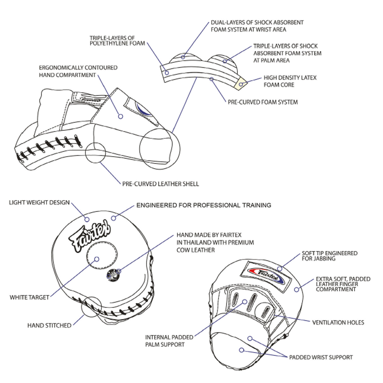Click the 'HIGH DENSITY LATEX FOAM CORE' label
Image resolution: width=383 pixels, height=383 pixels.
pyautogui.click(x=290, y=81)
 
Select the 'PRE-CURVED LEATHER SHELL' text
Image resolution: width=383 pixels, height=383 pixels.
pyautogui.click(x=160, y=184)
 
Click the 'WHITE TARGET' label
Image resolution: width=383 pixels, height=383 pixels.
pyautogui.click(x=29, y=297)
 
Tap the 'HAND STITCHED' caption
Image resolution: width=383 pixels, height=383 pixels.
pyautogui.click(x=49, y=326)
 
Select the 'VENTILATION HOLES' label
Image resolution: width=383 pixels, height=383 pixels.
pyautogui.click(x=338, y=322)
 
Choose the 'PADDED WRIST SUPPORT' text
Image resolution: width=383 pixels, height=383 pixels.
pyautogui.click(x=321, y=357)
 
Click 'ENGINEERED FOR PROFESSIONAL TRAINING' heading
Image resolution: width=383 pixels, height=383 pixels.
pyautogui.click(x=203, y=205)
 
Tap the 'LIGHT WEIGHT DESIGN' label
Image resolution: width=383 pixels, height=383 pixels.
pyautogui.click(x=39, y=203)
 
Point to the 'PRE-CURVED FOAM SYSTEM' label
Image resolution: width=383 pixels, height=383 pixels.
pyautogui.click(x=262, y=102)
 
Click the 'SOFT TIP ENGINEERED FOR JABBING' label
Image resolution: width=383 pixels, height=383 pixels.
pyautogui.click(x=329, y=256)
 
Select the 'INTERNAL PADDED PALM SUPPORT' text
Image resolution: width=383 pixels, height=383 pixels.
pyautogui.click(x=169, y=341)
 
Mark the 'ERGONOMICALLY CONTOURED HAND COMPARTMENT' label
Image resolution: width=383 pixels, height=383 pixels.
pyautogui.click(x=78, y=71)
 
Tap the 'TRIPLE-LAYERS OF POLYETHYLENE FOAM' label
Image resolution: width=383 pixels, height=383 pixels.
pyautogui.click(x=117, y=41)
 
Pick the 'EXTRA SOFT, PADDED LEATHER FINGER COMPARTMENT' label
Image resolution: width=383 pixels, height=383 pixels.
pyautogui.click(x=343, y=284)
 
